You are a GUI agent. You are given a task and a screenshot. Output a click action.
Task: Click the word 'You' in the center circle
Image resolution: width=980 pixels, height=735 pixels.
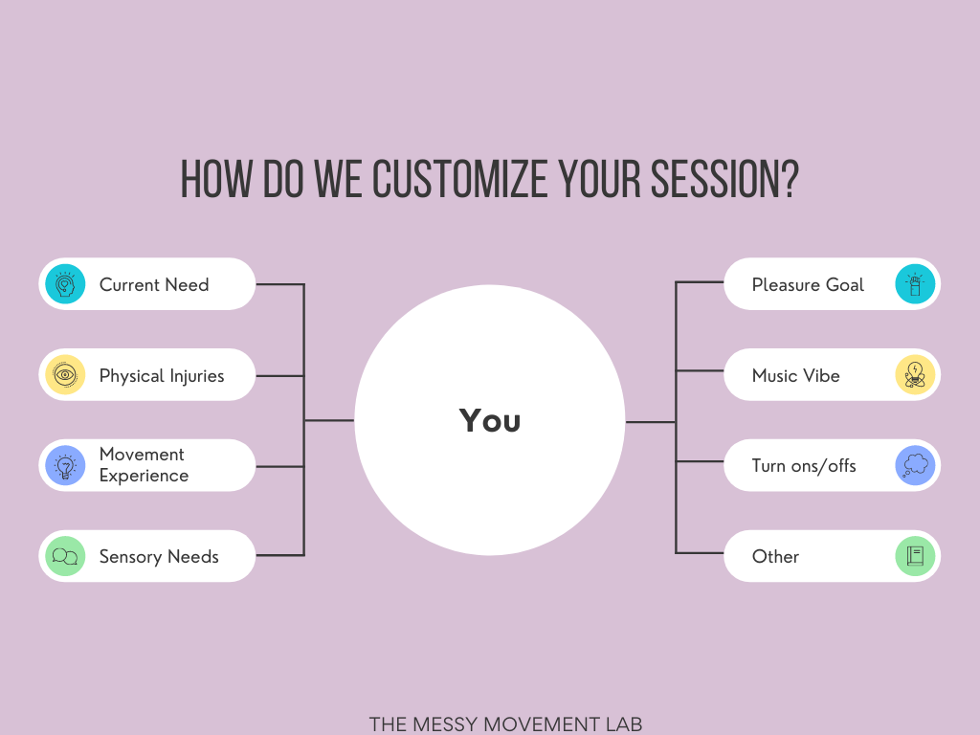[490, 420]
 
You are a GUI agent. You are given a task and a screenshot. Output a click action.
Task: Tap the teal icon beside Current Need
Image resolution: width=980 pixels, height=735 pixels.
[65, 284]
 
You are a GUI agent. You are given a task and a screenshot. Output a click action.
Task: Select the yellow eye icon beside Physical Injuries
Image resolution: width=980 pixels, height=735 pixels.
[65, 375]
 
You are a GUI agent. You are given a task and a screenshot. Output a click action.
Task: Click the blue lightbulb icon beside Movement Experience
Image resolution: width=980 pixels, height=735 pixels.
[65, 466]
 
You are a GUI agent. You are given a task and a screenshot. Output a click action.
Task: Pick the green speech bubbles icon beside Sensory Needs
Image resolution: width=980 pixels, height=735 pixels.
[65, 556]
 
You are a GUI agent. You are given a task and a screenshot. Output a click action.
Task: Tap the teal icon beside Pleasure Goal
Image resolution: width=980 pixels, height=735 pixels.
[915, 284]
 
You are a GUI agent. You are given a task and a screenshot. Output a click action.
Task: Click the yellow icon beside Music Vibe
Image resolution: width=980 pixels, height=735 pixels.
[915, 375]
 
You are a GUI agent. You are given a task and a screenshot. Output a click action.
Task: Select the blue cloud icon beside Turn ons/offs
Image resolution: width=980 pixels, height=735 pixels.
[915, 466]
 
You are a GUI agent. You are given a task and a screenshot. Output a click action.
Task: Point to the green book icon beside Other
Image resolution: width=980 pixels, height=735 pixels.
[915, 556]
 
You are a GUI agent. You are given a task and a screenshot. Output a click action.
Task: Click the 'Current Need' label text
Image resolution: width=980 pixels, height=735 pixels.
[154, 284]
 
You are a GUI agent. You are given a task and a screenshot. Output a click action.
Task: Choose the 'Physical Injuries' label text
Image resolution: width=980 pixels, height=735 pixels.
[162, 375]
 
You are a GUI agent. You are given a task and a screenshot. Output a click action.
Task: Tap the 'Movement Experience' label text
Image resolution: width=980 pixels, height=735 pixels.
[144, 465]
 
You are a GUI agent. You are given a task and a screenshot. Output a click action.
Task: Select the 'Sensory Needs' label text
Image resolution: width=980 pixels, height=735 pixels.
[159, 556]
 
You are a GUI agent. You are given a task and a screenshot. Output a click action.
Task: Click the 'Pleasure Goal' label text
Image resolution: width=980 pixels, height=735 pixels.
[808, 284]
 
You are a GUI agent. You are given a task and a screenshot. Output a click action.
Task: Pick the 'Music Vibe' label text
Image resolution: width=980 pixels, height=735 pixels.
[795, 375]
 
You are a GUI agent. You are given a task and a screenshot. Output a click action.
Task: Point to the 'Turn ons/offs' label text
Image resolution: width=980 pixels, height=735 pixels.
[804, 466]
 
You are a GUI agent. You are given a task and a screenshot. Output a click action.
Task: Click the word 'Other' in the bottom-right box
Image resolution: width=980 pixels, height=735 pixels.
[775, 556]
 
